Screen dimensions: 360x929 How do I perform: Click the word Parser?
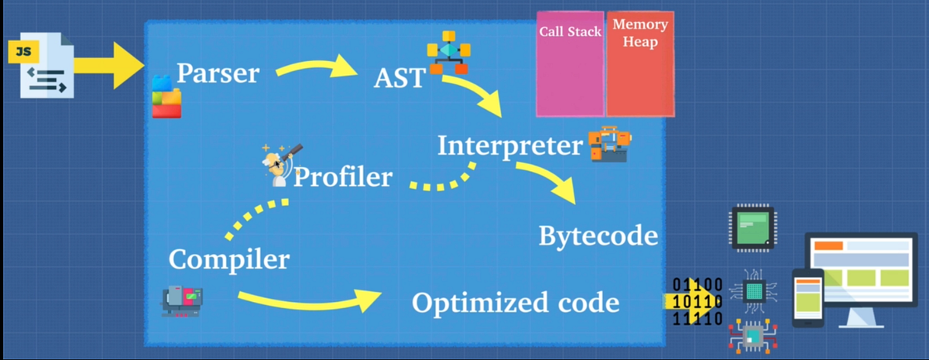tap(218, 74)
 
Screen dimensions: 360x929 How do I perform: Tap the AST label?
tap(399, 77)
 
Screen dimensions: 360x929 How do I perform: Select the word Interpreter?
tap(509, 146)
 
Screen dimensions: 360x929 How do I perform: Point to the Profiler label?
tap(343, 177)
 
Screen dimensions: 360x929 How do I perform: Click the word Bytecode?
tap(598, 235)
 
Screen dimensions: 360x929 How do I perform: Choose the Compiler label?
tap(229, 259)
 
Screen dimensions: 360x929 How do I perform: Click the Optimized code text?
tap(515, 303)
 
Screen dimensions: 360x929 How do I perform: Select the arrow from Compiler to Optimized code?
tap(310, 299)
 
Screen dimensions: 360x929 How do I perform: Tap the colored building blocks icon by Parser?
tap(166, 96)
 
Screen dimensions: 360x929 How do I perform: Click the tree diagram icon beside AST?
tap(449, 53)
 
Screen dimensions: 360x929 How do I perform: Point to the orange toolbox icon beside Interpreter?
tap(610, 144)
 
